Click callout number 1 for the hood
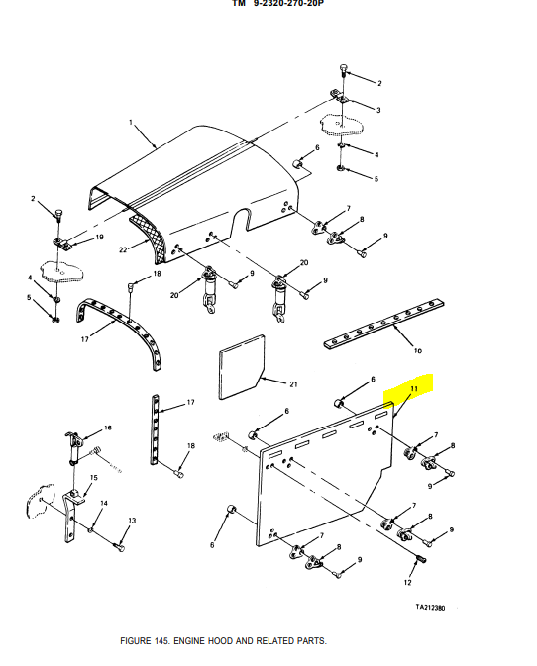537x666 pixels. coord(130,123)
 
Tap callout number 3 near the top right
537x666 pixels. coord(377,109)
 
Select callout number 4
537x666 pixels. coord(376,154)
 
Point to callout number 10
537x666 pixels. coord(417,350)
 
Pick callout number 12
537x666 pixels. coord(407,583)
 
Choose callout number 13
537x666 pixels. coord(131,521)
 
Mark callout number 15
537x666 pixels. coord(94,479)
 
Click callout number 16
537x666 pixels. coord(108,428)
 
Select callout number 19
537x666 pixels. coord(99,238)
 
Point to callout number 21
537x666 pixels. coord(293,383)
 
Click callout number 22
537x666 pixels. coord(123,250)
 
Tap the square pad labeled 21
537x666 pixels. coord(237,361)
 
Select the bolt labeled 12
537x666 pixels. coord(419,560)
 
